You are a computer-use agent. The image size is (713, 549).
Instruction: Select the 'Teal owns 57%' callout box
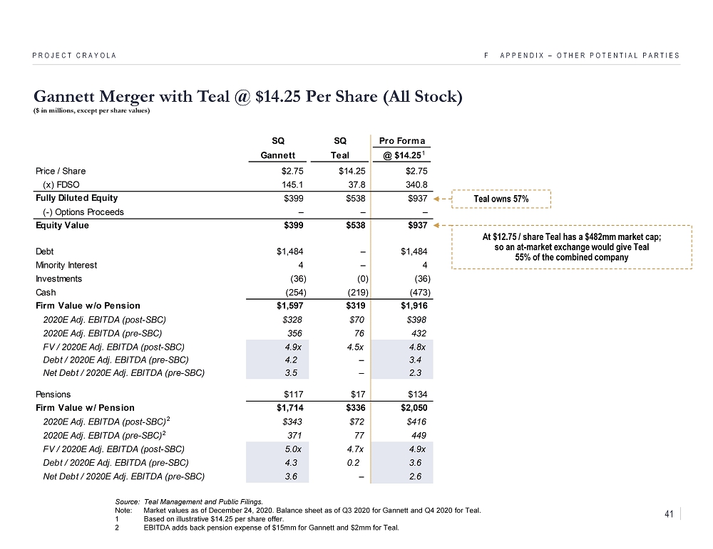coord(501,199)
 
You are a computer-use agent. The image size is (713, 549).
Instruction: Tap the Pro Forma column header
coord(402,140)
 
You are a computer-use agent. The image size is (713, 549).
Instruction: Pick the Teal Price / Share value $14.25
coord(354,171)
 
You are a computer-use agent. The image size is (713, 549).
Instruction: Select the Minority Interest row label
coord(66,265)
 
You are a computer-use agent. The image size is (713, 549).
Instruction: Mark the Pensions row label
coord(53,394)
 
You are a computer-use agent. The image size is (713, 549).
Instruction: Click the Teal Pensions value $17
coord(359,394)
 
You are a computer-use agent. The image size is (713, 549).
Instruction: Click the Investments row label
coord(58,278)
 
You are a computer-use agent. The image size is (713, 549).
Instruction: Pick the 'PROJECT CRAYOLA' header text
coord(74,56)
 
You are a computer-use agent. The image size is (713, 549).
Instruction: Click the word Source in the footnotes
coord(125,501)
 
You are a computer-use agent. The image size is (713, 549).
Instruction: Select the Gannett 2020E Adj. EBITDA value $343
coord(292,422)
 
